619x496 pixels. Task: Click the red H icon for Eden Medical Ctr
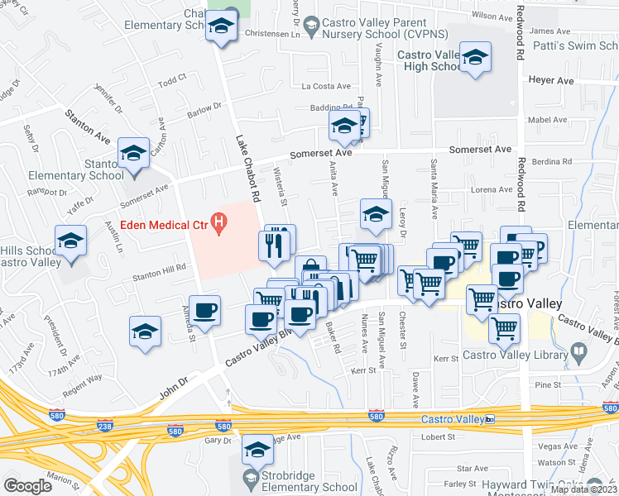(219, 222)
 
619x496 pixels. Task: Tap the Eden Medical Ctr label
(164, 222)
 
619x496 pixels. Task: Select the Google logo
(27, 486)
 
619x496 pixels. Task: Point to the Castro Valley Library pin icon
(578, 354)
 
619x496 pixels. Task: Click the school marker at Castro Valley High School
(475, 58)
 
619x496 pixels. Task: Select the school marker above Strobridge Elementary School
(257, 450)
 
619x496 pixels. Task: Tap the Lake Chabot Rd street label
(247, 169)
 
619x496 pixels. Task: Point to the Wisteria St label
(280, 186)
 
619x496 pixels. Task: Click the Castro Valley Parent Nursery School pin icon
(311, 25)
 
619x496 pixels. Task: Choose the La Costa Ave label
(326, 86)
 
